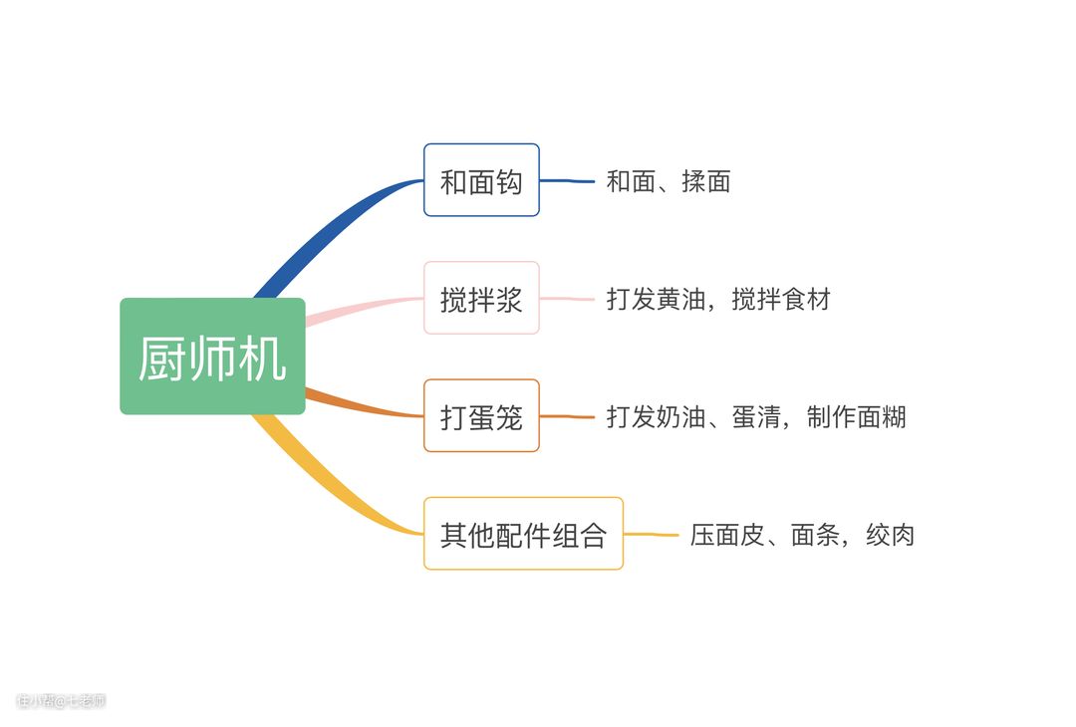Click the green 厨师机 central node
click(x=212, y=357)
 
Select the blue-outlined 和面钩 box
click(x=481, y=180)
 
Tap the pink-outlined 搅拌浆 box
click(x=481, y=298)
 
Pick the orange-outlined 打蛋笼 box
click(x=481, y=415)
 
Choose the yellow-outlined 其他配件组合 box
click(x=523, y=534)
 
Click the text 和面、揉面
click(x=669, y=181)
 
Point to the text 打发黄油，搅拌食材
click(x=718, y=299)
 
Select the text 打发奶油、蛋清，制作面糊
click(x=756, y=416)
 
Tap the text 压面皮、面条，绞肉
click(x=802, y=535)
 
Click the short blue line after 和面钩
click(x=567, y=181)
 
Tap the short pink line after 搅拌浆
click(x=567, y=299)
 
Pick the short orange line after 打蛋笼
click(x=567, y=416)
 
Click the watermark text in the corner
click(x=61, y=701)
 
